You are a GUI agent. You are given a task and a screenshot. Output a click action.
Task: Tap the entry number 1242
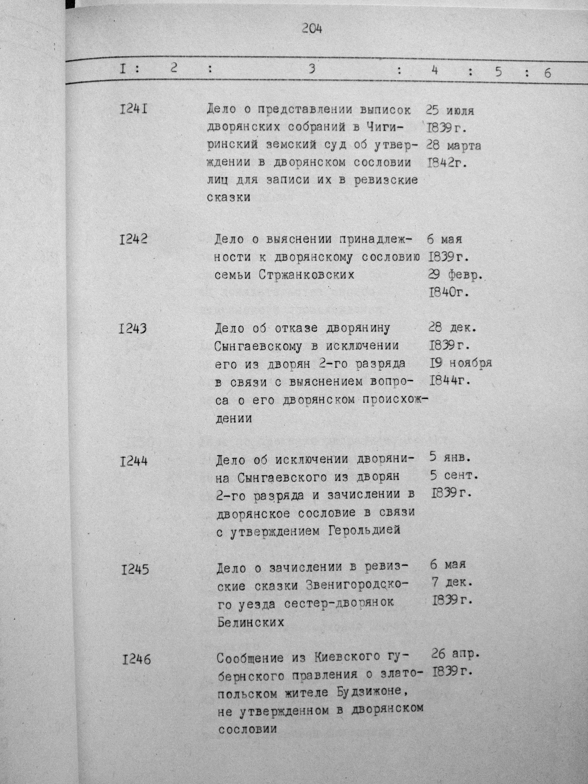click(x=133, y=240)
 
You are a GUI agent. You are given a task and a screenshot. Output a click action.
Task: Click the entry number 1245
click(x=135, y=570)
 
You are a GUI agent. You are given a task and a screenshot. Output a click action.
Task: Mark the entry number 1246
click(x=136, y=660)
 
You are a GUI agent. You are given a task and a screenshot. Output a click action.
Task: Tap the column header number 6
click(x=547, y=73)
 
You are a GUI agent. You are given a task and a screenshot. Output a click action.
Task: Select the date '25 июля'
click(x=450, y=111)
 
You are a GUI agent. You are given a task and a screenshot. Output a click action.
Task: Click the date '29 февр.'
click(x=456, y=275)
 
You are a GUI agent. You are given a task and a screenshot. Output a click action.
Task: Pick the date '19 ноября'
click(x=461, y=363)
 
